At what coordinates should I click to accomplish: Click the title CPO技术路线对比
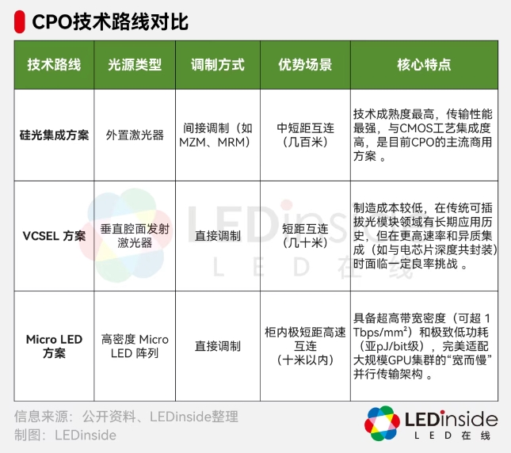pyautogui.click(x=110, y=21)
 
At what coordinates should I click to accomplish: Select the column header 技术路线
pyautogui.click(x=54, y=66)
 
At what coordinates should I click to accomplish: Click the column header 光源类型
pyautogui.click(x=135, y=66)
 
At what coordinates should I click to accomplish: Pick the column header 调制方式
pyautogui.click(x=217, y=66)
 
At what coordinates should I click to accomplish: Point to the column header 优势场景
pyautogui.click(x=304, y=66)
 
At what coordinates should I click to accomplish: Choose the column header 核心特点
pyautogui.click(x=424, y=66)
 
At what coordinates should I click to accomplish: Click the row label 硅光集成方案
pyautogui.click(x=54, y=135)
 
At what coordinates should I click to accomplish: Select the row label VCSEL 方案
pyautogui.click(x=54, y=236)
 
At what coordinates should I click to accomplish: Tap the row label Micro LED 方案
pyautogui.click(x=54, y=346)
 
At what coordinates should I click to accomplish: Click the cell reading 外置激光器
pyautogui.click(x=135, y=135)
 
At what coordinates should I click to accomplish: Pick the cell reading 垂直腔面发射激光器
pyautogui.click(x=135, y=236)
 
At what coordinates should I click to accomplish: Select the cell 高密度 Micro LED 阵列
pyautogui.click(x=135, y=346)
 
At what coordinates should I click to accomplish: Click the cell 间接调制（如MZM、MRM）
pyautogui.click(x=217, y=135)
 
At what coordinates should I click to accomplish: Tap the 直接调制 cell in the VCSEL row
pyautogui.click(x=217, y=236)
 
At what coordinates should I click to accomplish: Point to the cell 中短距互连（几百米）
pyautogui.click(x=304, y=135)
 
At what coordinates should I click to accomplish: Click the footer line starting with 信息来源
pyautogui.click(x=126, y=417)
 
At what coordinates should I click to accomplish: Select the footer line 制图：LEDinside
pyautogui.click(x=66, y=435)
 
